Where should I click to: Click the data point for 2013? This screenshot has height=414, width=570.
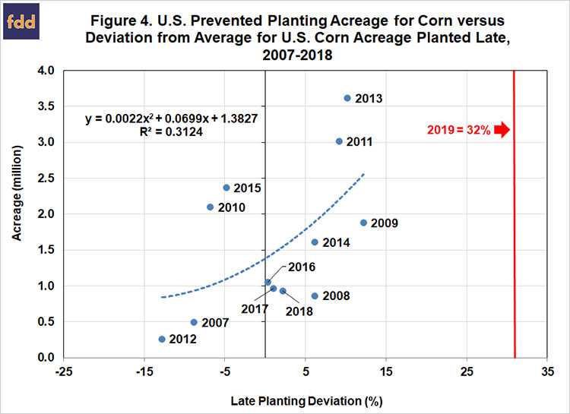pyautogui.click(x=347, y=98)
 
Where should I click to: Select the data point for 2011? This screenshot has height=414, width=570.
pyautogui.click(x=340, y=141)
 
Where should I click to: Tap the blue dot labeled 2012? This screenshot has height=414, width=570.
pyautogui.click(x=162, y=339)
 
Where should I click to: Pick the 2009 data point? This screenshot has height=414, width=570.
pyautogui.click(x=363, y=223)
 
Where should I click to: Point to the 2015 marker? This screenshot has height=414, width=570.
pyautogui.click(x=226, y=188)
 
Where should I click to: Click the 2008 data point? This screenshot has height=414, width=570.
pyautogui.click(x=315, y=295)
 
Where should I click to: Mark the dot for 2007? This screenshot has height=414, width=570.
pyautogui.click(x=194, y=322)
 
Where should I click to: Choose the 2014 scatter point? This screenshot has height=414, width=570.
pyautogui.click(x=315, y=242)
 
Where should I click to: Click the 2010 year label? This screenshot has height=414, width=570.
pyautogui.click(x=231, y=207)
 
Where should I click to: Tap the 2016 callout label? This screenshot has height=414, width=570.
pyautogui.click(x=301, y=267)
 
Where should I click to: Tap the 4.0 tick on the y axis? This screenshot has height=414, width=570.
pyautogui.click(x=46, y=71)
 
